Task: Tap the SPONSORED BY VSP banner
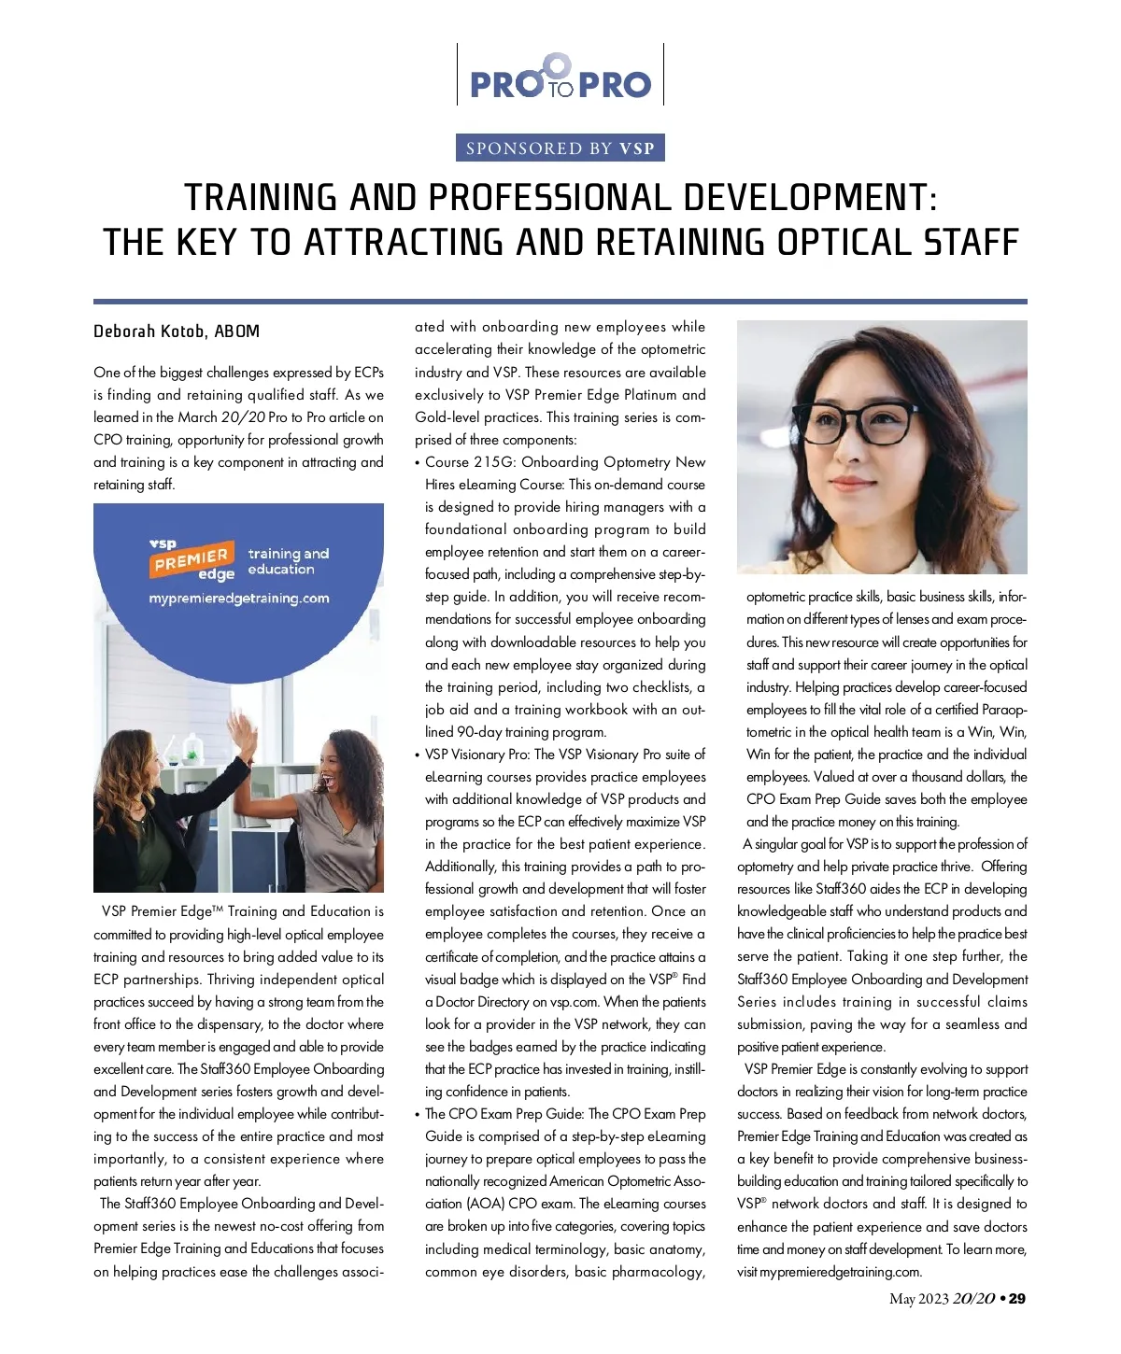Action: [x=560, y=148]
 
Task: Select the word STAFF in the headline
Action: [x=971, y=243]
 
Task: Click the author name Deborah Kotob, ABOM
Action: [x=177, y=331]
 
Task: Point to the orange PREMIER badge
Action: [x=192, y=559]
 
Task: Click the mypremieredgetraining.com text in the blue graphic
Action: [x=239, y=599]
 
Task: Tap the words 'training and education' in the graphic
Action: [x=288, y=561]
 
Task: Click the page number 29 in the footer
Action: [x=1016, y=1299]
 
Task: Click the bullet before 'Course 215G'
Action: [x=418, y=463]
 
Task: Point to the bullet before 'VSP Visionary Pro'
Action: [x=418, y=755]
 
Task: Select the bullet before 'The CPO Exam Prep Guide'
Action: [x=418, y=1115]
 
